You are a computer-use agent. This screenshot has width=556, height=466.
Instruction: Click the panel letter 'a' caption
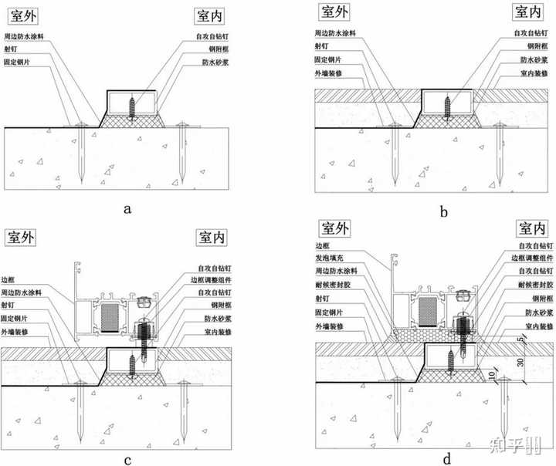(x=128, y=208)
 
